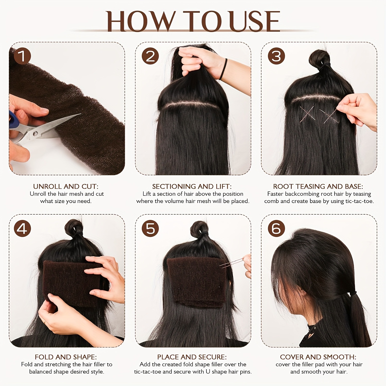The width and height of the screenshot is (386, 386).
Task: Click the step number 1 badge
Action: coord(22,56)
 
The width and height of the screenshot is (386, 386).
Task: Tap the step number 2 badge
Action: coord(150,56)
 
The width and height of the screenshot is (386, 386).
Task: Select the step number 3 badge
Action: coord(276,56)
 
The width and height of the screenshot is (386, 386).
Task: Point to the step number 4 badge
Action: coord(22,229)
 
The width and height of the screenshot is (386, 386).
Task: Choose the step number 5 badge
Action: coord(150,229)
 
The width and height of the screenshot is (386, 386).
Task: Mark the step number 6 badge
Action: coord(276,229)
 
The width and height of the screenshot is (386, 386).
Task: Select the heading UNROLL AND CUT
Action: coord(66,186)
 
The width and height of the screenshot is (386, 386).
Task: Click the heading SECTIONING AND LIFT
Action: coord(192,186)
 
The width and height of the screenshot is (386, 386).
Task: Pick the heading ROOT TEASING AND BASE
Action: coord(318,186)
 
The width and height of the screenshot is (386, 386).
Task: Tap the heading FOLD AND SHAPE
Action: coord(66,357)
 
